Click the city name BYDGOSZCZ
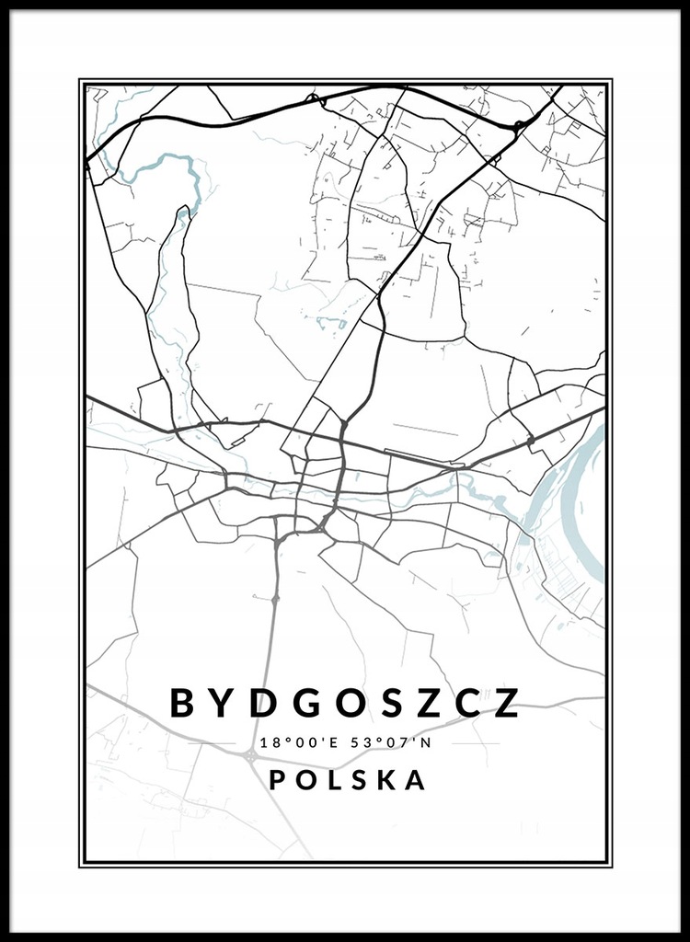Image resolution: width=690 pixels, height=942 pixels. click(x=345, y=703)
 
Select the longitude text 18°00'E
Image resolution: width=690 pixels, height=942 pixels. click(x=301, y=742)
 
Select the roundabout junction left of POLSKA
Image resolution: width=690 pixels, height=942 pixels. click(x=250, y=755)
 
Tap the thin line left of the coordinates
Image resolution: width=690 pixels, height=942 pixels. click(x=220, y=742)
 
